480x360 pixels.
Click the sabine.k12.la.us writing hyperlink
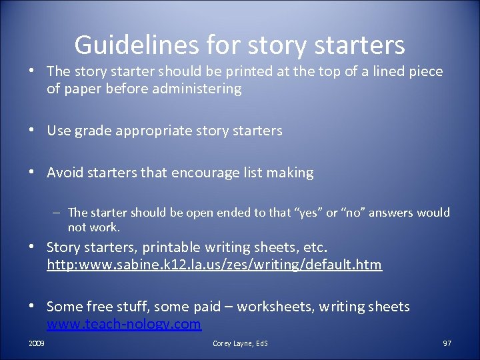214,265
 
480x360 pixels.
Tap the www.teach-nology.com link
123,325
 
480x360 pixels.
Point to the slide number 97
447,343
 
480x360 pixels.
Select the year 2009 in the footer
37,343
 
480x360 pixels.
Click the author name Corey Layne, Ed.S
240,343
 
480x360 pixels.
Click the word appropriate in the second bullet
155,131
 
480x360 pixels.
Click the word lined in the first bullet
375,71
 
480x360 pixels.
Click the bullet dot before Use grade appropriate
32,131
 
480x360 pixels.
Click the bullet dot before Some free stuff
32,307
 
